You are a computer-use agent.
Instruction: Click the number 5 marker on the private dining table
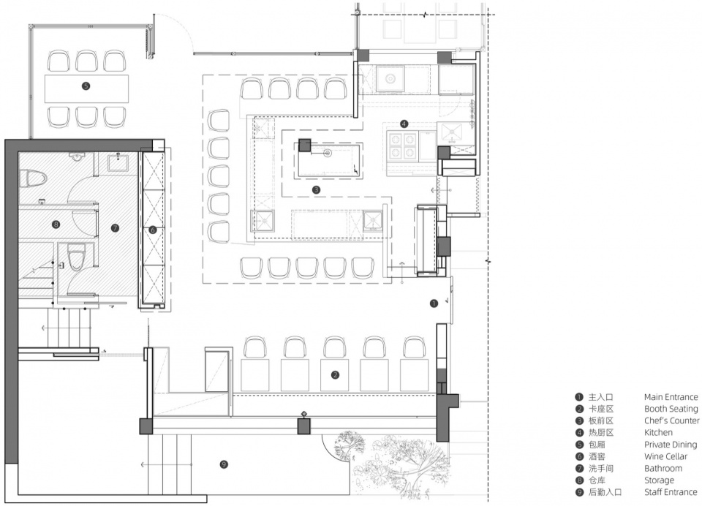click(x=86, y=86)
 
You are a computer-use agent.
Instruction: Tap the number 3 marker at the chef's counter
click(x=316, y=190)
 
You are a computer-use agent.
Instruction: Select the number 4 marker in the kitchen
click(x=404, y=124)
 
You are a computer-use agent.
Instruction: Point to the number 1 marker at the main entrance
click(x=434, y=303)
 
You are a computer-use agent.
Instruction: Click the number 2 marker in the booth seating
click(x=336, y=375)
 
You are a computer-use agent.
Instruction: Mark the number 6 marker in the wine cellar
click(x=153, y=230)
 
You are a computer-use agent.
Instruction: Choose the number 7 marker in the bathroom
click(x=115, y=228)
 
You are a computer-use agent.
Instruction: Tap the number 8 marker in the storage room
click(x=56, y=224)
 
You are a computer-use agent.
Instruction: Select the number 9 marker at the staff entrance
click(x=224, y=464)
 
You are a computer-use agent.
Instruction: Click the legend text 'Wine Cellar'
click(x=665, y=456)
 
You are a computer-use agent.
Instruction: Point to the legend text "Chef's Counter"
click(x=671, y=420)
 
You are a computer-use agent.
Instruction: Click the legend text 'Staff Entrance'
click(x=671, y=492)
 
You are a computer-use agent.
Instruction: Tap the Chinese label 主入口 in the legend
click(x=600, y=397)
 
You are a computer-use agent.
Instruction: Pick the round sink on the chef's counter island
click(x=328, y=154)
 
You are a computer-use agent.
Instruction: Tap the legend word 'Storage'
click(x=659, y=480)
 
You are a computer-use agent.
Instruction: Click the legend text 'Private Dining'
click(x=671, y=445)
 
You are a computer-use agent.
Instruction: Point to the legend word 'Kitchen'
click(x=658, y=433)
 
